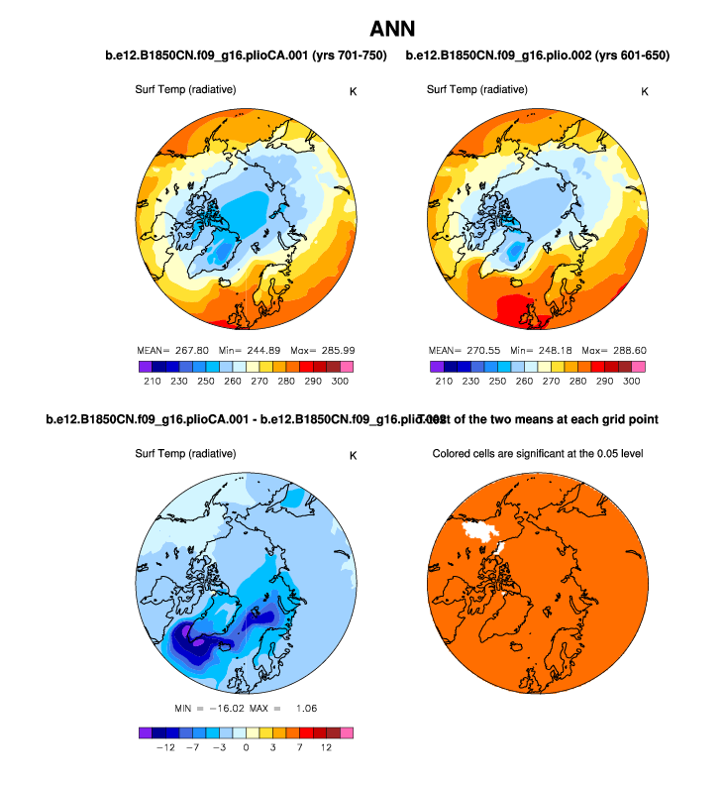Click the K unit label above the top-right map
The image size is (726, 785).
click(645, 91)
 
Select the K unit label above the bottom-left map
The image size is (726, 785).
click(353, 455)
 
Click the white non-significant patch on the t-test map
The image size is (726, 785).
click(484, 536)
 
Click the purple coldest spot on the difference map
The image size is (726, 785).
click(199, 642)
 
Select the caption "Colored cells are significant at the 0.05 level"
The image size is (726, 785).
click(540, 454)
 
